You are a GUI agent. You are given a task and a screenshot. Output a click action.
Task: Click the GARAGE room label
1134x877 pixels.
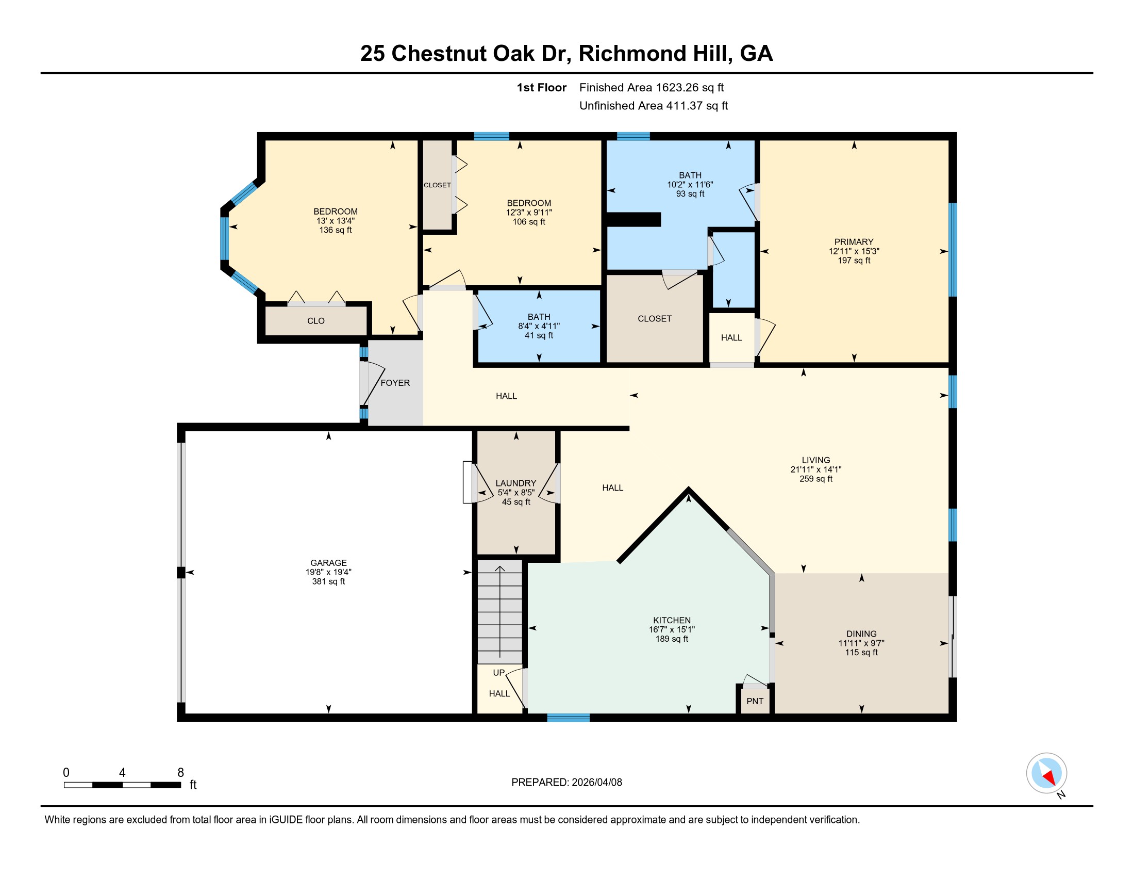pyautogui.click(x=328, y=563)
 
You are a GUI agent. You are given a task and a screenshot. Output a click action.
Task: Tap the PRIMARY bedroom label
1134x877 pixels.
pyautogui.click(x=854, y=241)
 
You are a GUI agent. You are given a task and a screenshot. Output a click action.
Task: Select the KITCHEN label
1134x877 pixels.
pyautogui.click(x=672, y=620)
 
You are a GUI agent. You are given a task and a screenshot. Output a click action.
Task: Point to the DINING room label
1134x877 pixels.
pyautogui.click(x=861, y=634)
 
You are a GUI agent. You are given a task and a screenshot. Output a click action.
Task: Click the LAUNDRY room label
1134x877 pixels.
pyautogui.click(x=515, y=483)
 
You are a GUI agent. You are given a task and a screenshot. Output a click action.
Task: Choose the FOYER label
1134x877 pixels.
pyautogui.click(x=395, y=383)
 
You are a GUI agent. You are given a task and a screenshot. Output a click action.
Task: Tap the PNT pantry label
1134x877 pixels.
pyautogui.click(x=755, y=701)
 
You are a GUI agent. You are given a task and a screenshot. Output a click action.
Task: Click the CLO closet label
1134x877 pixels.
pyautogui.click(x=315, y=320)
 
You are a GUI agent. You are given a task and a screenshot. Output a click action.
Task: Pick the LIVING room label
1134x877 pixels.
pyautogui.click(x=816, y=460)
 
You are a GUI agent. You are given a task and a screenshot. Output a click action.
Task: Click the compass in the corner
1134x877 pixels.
pyautogui.click(x=1046, y=773)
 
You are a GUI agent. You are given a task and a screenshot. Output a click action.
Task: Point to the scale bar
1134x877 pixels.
pyautogui.click(x=123, y=785)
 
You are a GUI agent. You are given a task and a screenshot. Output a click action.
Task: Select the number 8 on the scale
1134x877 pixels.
pyautogui.click(x=181, y=773)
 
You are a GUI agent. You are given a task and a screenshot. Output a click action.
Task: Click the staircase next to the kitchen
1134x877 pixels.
pyautogui.click(x=499, y=611)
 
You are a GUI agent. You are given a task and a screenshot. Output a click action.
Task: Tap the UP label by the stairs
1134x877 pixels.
pyautogui.click(x=498, y=672)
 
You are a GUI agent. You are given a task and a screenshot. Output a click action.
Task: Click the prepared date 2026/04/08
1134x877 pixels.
pyautogui.click(x=596, y=782)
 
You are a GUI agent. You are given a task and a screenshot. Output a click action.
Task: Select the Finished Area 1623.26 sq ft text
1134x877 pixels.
pyautogui.click(x=652, y=87)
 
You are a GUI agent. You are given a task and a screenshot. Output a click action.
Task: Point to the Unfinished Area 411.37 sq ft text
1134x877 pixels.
pyautogui.click(x=654, y=105)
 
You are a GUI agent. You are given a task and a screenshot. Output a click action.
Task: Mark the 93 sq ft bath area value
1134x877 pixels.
pyautogui.click(x=690, y=194)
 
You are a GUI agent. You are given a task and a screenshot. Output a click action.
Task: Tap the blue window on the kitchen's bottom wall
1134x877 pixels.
pyautogui.click(x=568, y=718)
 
